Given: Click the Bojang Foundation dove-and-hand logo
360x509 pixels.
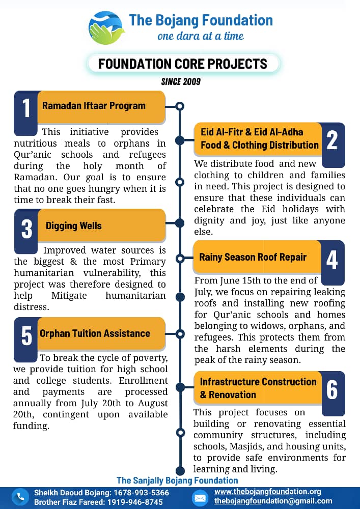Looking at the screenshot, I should pyautogui.click(x=105, y=27).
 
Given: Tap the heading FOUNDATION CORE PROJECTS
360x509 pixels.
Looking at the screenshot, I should pyautogui.click(x=183, y=64).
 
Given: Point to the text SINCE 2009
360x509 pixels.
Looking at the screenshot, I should pyautogui.click(x=181, y=81).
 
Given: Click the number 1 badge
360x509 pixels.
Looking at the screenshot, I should pyautogui.click(x=26, y=108).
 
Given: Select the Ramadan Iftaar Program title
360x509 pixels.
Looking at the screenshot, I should pyautogui.click(x=94, y=106).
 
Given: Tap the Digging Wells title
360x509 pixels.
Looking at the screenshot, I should pyautogui.click(x=74, y=225).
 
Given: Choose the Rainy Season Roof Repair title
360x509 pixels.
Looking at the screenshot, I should pyautogui.click(x=253, y=257).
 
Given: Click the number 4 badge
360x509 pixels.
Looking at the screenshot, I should pyautogui.click(x=332, y=260).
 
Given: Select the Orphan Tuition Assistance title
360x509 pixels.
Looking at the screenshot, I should pyautogui.click(x=95, y=333).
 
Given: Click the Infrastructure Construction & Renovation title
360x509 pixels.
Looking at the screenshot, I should pyautogui.click(x=258, y=388).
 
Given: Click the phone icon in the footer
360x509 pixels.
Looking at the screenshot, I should pyautogui.click(x=20, y=497).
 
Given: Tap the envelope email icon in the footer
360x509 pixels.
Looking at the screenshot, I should pyautogui.click(x=200, y=497).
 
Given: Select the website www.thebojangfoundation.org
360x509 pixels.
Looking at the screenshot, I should pyautogui.click(x=267, y=492).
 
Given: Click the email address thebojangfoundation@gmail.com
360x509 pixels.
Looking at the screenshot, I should pyautogui.click(x=273, y=501).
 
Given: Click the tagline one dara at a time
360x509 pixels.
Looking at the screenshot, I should pyautogui.click(x=201, y=36).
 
